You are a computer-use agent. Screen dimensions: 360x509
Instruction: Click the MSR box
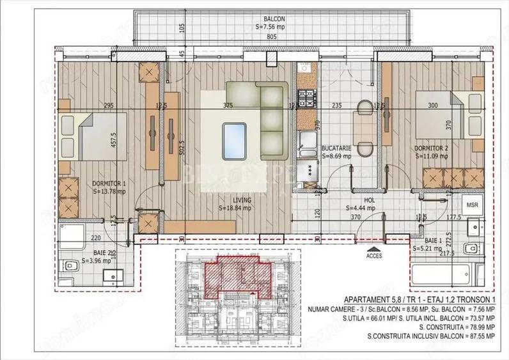click(472, 205)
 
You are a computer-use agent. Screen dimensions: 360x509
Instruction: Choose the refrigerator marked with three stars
click(311, 169)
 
